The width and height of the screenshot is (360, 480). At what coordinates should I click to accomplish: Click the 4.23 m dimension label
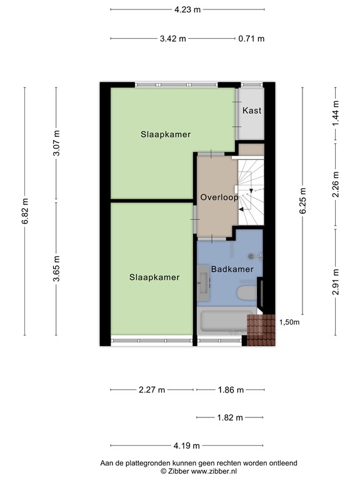(187, 10)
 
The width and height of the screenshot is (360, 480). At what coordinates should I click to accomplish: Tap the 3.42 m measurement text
(173, 39)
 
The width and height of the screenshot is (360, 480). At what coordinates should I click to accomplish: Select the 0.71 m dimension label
(251, 39)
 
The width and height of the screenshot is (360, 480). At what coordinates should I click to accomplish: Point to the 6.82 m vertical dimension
(25, 211)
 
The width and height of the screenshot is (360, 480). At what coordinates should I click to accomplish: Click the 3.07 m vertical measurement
(56, 143)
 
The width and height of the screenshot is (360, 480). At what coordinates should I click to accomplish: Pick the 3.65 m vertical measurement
(56, 269)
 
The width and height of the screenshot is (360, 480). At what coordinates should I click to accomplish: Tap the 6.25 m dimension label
(302, 201)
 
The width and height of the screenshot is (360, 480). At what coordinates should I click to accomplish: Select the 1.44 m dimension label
(336, 113)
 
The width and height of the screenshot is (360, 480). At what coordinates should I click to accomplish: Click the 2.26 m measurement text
(336, 184)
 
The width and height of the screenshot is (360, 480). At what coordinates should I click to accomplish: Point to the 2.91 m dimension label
(336, 282)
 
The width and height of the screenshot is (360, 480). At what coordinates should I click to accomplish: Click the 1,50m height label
(289, 322)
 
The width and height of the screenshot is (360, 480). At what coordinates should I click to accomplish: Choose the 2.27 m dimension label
(152, 390)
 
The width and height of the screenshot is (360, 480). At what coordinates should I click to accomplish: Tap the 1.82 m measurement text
(230, 417)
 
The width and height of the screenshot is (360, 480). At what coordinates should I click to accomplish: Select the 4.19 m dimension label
(186, 446)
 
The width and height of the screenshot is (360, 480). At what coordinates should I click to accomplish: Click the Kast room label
(252, 111)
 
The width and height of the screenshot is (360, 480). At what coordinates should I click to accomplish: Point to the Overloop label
(219, 197)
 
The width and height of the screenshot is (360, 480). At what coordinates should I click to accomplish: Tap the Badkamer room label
(232, 269)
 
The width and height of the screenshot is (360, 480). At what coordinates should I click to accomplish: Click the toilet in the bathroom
(247, 292)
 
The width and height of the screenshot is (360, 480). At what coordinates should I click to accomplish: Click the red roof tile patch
(261, 330)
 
